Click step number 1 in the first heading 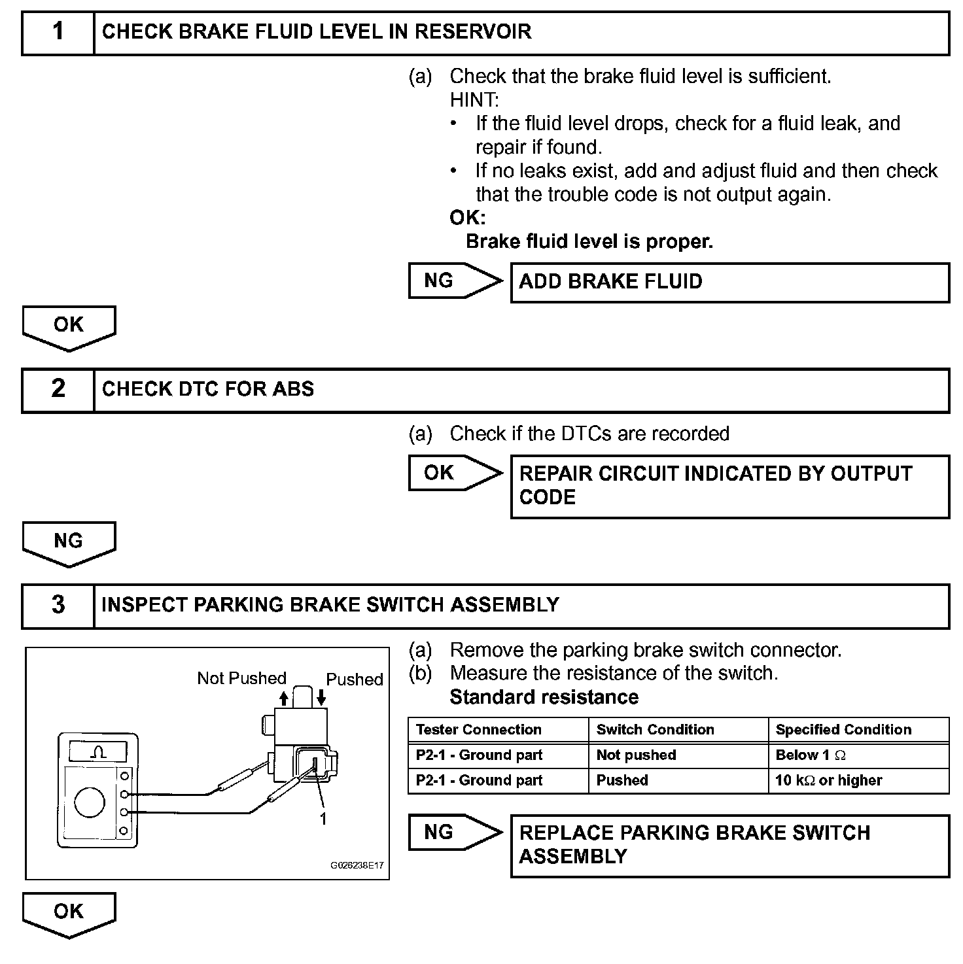(x=58, y=31)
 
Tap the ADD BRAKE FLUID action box (x=729, y=282)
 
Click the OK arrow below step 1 (x=69, y=326)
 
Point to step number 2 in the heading (x=58, y=389)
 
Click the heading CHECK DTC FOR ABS (x=208, y=389)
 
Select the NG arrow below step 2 (x=69, y=542)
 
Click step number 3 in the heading (x=58, y=605)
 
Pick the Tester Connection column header (x=479, y=730)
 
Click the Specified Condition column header (x=843, y=730)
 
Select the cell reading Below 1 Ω (x=811, y=755)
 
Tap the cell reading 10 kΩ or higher (x=828, y=781)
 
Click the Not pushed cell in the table (x=636, y=755)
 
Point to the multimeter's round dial (x=90, y=802)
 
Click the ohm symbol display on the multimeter (x=98, y=752)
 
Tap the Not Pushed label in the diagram (x=241, y=678)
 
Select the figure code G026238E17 (x=357, y=865)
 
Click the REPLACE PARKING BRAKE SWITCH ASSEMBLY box (x=729, y=845)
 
